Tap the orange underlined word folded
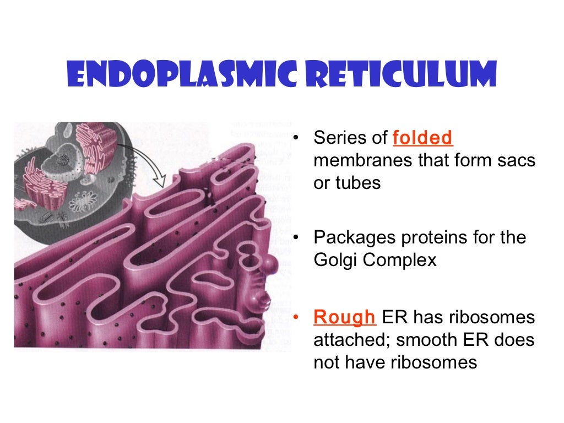pos(423,138)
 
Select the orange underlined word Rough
pos(344,317)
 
